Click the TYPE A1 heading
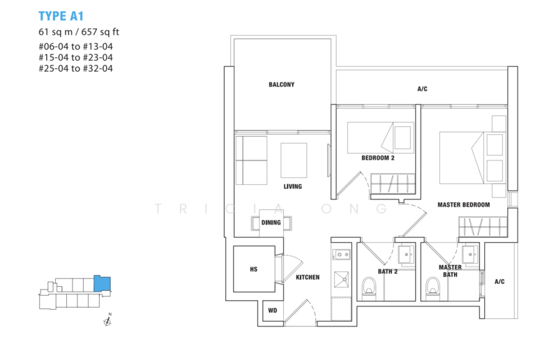pos(61,16)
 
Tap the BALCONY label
pos(282,84)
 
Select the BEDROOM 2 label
pos(378,158)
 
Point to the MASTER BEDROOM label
pos(464,204)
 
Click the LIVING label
pos(292,186)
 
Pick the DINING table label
pos(271,223)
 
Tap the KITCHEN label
pos(308,277)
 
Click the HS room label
pos(253,269)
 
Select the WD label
pos(273,310)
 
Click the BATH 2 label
pos(388,271)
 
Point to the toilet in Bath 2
pos(370,286)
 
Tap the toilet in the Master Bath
pos(433,286)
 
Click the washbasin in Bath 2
pos(407,255)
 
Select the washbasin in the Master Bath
pos(470,255)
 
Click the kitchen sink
pos(342,280)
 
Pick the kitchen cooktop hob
pos(342,255)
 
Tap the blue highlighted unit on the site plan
pos(102,284)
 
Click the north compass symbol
pos(107,320)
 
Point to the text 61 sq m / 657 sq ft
pos(79,32)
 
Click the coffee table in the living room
pos(294,160)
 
